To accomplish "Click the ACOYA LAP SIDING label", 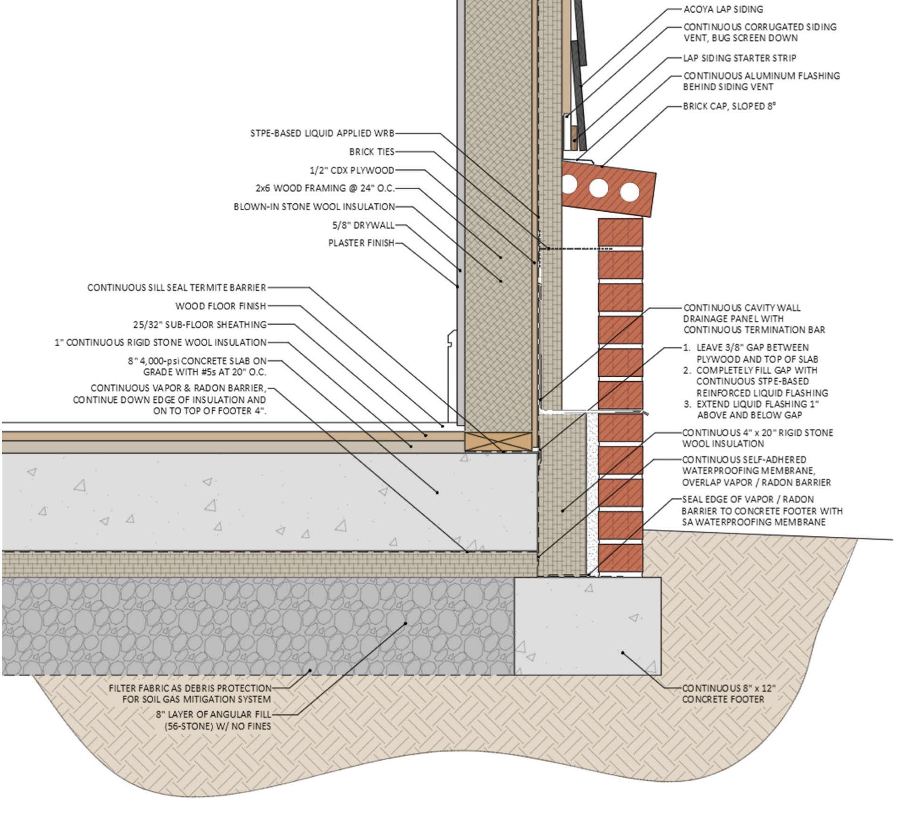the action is click(x=723, y=9).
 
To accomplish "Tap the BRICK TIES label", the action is click(x=372, y=151).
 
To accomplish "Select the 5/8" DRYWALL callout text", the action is click(x=363, y=225).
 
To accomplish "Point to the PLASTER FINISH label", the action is click(x=361, y=243).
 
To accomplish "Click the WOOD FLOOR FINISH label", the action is click(x=221, y=306).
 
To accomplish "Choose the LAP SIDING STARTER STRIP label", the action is click(x=740, y=58).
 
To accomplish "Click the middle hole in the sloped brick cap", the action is click(x=598, y=188).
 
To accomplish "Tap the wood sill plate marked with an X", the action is click(x=499, y=442).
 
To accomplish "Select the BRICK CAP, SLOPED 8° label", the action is click(x=729, y=106).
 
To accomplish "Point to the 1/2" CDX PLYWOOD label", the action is click(x=352, y=170).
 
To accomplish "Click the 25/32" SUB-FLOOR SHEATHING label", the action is click(x=200, y=325).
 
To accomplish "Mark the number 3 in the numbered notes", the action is click(x=687, y=404).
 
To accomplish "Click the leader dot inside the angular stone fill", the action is click(x=405, y=624).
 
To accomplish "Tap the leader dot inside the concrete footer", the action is click(x=622, y=653).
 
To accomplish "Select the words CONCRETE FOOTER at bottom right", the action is click(x=723, y=700).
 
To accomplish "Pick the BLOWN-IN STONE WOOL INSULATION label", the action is click(x=315, y=207).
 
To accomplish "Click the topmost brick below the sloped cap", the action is click(x=621, y=232).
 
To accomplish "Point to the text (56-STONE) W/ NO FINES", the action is click(x=218, y=726).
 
